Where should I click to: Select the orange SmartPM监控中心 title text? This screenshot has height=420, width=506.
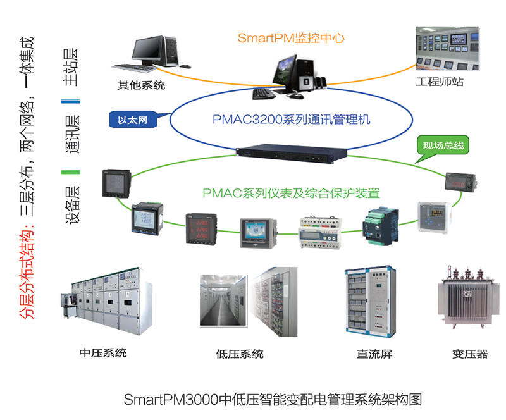tap(291, 37)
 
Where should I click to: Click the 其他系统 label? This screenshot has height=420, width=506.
tap(141, 85)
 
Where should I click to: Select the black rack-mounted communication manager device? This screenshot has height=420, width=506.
tap(292, 152)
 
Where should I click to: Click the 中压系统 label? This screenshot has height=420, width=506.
tap(103, 352)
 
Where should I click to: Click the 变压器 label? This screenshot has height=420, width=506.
tap(470, 354)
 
